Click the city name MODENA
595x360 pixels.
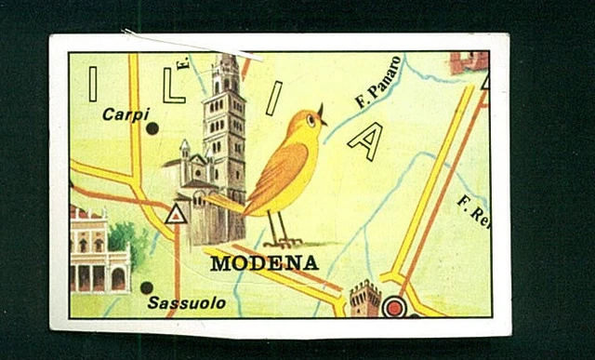[x=264, y=262]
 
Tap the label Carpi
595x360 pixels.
[x=126, y=114]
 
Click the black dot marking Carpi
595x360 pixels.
[x=152, y=128]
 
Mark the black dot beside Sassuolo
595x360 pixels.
[x=146, y=288]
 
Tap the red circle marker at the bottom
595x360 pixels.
[x=394, y=306]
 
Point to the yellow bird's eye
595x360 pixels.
[x=311, y=120]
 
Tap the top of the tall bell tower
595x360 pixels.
[x=225, y=63]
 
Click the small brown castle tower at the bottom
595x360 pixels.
[x=364, y=299]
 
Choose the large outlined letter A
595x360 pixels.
[x=366, y=140]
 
